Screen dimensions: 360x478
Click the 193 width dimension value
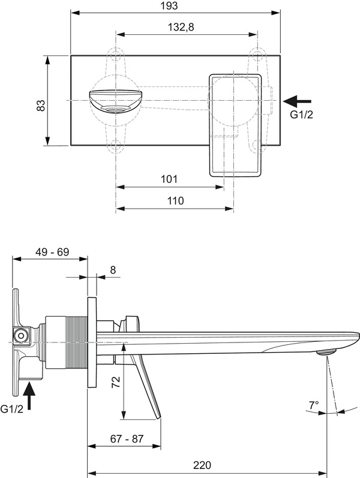pos(169,5)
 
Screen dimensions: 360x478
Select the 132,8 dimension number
pos(181,27)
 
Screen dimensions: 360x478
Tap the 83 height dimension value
pos(41,105)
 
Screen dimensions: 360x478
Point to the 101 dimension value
pos(169,179)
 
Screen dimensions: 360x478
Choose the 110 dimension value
pos(176,200)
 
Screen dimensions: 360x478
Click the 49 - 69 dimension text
pos(52,252)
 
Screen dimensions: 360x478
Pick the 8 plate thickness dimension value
pos(113,270)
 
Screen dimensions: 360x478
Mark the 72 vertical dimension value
pos(116,382)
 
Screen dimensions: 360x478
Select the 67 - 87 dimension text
pos(127,438)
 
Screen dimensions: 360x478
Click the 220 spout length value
pos(202,465)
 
